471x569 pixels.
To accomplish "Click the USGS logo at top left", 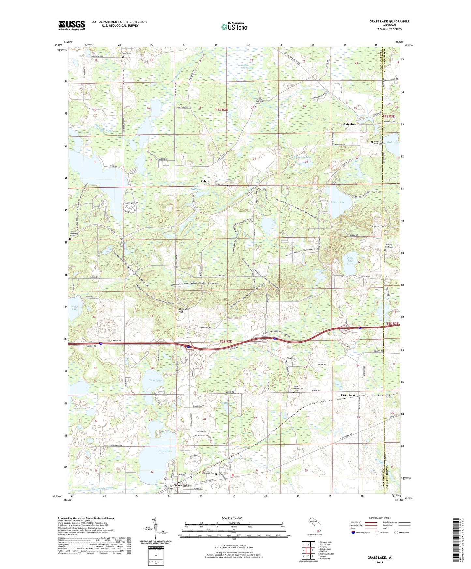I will (72, 25).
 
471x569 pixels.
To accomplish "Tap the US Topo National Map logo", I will (234, 27).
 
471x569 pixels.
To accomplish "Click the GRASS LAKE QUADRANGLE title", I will (389, 22).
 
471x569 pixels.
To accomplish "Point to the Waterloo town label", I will (348, 124).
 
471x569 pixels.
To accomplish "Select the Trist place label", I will (204, 181).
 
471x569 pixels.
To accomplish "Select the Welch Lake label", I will (74, 308).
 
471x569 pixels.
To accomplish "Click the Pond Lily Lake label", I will (350, 260).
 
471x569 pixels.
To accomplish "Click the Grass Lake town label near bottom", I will (181, 485).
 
